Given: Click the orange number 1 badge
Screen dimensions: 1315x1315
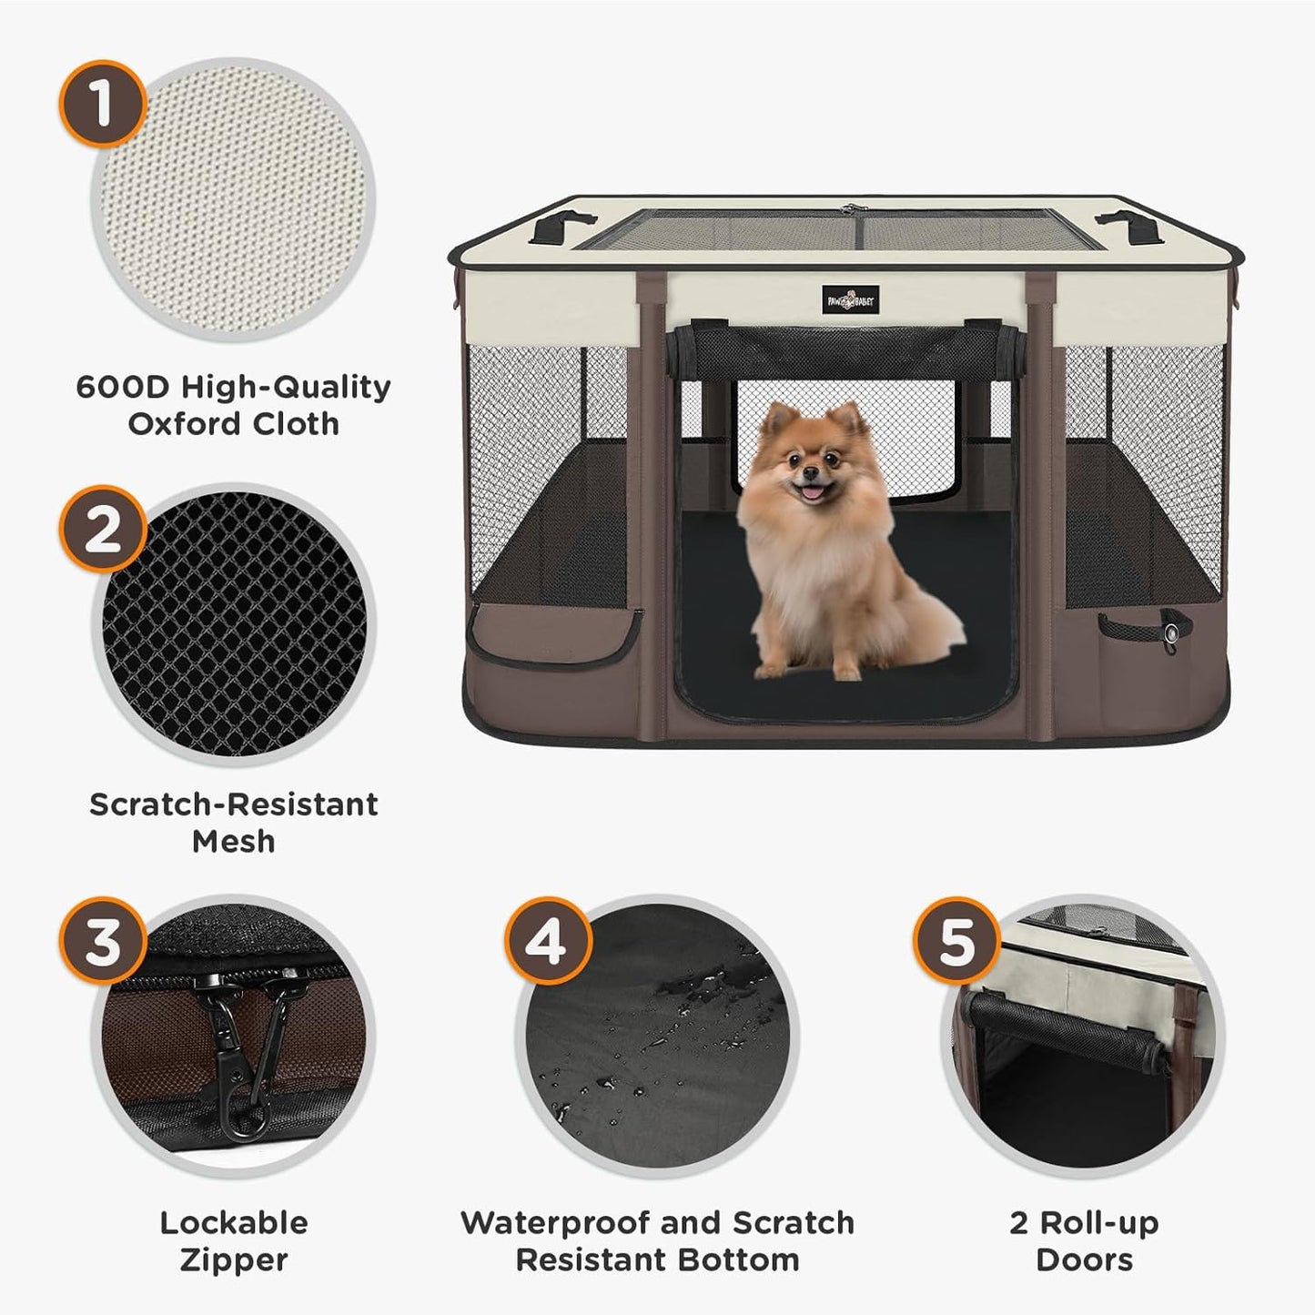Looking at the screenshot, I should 103,103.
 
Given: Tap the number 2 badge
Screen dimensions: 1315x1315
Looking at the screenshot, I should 103,529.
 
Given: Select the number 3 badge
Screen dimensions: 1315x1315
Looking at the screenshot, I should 103,942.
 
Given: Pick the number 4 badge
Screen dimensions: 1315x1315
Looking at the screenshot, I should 547,942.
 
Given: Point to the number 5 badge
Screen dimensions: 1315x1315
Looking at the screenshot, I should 956,942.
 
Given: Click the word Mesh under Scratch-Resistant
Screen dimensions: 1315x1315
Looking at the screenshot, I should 233,841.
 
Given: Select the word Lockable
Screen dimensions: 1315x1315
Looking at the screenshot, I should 234,1222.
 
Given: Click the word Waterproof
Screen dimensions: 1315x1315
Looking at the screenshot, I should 556,1222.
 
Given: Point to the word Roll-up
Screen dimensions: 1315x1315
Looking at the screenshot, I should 1099,1222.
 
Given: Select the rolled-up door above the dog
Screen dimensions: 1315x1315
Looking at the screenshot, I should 846,350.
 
